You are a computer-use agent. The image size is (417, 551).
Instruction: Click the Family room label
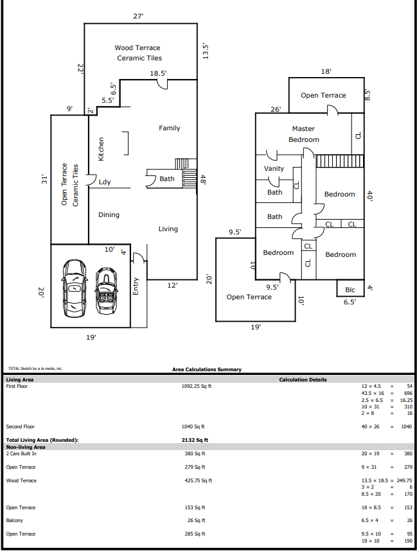(x=170, y=128)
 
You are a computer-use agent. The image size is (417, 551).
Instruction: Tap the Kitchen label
(x=101, y=149)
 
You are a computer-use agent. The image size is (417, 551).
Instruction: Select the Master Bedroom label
(x=304, y=134)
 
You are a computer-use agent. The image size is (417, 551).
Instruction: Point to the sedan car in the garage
(x=74, y=288)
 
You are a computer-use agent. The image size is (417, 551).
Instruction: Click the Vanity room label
(x=274, y=169)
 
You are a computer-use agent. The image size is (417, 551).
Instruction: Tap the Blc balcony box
(x=350, y=288)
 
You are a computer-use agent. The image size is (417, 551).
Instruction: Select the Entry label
(x=136, y=286)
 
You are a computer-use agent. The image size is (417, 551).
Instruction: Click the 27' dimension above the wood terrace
(x=138, y=16)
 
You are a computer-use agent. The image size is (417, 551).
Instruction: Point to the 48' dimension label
(x=203, y=180)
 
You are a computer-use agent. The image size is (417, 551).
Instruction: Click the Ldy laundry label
(x=105, y=182)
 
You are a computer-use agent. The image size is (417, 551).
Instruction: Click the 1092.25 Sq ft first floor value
(x=197, y=386)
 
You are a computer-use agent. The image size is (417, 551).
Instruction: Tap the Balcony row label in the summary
(x=14, y=520)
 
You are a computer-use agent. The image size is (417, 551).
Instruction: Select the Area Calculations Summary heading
(x=207, y=369)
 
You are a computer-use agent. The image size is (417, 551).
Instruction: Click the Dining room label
(x=109, y=214)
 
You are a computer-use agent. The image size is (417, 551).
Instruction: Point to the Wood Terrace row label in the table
(x=21, y=480)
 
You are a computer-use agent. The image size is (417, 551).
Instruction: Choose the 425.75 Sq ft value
(x=199, y=480)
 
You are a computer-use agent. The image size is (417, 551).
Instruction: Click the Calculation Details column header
(x=303, y=380)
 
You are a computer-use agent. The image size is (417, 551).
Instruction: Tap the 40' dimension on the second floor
(x=369, y=196)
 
